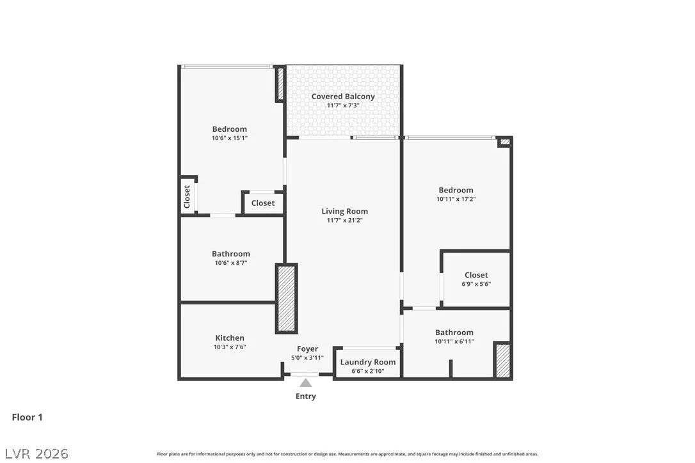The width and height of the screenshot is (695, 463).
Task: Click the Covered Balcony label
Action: tap(343, 97)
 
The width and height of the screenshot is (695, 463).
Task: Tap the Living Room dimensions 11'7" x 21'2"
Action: tap(344, 220)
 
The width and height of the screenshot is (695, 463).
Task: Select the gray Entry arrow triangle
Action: tap(305, 383)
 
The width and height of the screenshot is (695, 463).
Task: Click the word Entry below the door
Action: tap(306, 396)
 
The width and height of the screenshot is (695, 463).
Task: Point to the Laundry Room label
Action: tap(368, 362)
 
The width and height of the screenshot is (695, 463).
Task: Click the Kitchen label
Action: tap(230, 338)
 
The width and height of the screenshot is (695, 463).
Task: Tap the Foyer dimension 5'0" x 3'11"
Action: tap(307, 358)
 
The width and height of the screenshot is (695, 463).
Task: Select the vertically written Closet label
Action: tap(187, 197)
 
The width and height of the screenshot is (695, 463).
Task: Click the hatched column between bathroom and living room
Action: tap(286, 298)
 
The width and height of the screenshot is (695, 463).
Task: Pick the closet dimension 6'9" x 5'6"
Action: tap(476, 284)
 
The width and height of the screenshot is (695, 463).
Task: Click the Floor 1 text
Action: tap(27, 418)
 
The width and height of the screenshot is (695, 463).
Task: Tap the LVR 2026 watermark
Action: tap(36, 453)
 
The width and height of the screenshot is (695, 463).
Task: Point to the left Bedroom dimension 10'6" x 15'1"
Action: tap(230, 138)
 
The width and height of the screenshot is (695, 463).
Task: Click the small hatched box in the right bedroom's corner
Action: tap(505, 142)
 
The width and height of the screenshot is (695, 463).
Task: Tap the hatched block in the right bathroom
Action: tap(502, 361)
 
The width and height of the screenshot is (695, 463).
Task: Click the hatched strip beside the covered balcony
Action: tap(280, 84)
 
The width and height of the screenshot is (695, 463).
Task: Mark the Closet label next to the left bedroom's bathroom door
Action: tap(263, 203)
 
